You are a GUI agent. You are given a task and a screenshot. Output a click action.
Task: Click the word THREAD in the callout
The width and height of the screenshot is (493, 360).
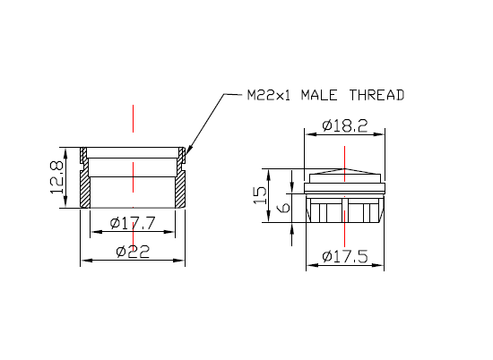(x=378, y=94)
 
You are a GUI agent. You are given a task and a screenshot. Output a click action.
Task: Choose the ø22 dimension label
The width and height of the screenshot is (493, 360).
(x=132, y=252)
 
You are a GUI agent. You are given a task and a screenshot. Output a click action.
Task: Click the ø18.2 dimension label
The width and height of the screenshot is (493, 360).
(x=343, y=125)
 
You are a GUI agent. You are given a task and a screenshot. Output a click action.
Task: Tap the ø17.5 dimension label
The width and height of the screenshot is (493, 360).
(x=344, y=257)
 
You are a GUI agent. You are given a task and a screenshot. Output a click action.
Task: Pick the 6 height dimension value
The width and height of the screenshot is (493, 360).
(x=283, y=208)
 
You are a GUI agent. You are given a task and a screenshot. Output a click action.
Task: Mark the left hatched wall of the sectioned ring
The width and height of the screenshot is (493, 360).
(x=86, y=189)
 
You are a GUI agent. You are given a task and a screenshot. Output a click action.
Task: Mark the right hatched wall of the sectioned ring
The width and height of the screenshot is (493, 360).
(x=179, y=189)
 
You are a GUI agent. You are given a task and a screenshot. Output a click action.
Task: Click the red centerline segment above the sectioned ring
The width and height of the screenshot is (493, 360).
(x=133, y=118)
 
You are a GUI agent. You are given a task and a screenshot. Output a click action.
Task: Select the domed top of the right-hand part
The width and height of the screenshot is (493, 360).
(x=345, y=172)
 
